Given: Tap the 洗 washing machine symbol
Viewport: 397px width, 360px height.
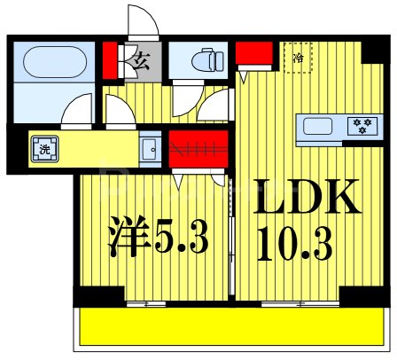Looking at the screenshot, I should [x=43, y=149].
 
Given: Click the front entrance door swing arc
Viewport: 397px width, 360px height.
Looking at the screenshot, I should [x=140, y=22].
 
